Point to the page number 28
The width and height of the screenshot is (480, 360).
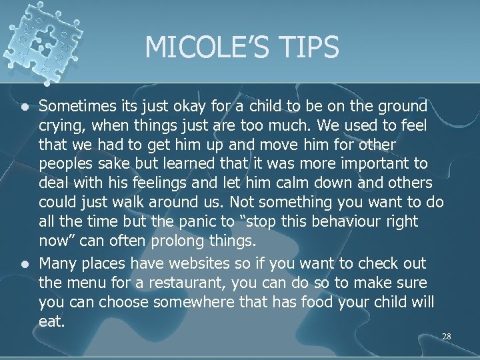coord(446,337)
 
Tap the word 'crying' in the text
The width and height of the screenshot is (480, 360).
coord(58,125)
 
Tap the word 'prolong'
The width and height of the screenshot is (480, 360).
coord(169,241)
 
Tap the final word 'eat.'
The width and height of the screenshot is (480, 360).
coord(52,321)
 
